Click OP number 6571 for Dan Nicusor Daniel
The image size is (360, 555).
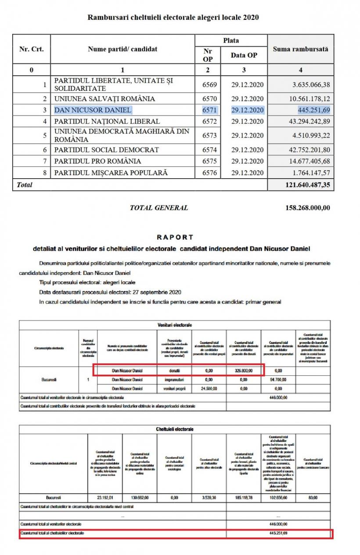click(209, 110)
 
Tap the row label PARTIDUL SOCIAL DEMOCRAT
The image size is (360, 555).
click(106, 150)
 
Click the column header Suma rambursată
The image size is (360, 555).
click(300, 50)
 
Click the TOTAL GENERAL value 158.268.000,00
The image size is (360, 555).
click(308, 208)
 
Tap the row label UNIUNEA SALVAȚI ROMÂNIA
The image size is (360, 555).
click(104, 99)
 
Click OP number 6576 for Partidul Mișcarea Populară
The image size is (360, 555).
click(209, 173)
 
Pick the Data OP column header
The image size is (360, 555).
click(244, 55)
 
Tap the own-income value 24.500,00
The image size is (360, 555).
click(209, 389)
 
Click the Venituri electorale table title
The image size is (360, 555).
click(175, 325)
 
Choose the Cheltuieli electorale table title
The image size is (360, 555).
click(175, 429)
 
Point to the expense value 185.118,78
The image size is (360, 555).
click(244, 498)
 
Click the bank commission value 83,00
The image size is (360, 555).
click(313, 498)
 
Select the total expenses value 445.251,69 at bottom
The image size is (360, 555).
click(279, 533)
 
